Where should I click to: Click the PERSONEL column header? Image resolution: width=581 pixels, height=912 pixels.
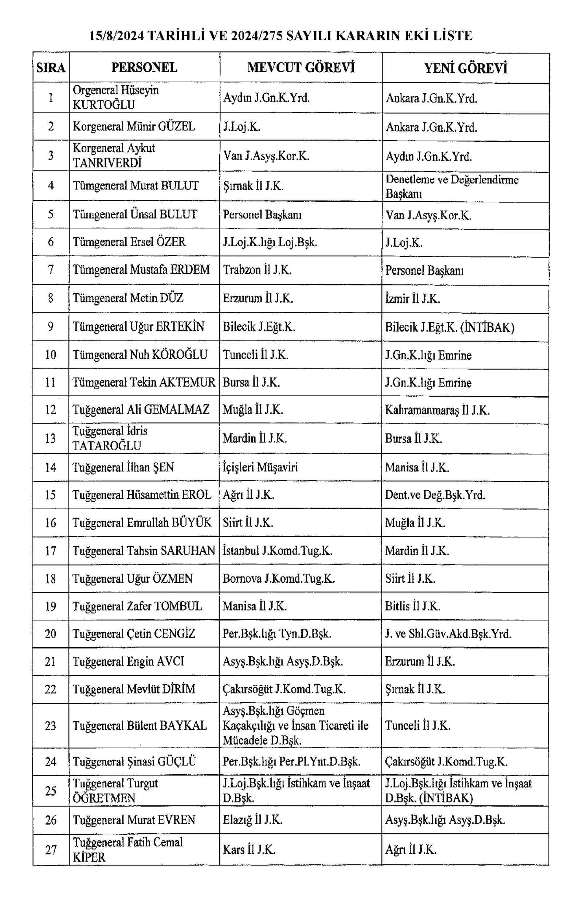pos(144,67)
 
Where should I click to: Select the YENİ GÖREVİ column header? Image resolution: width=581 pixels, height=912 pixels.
pos(465,68)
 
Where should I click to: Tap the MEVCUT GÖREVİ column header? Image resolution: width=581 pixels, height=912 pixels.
pos(301,67)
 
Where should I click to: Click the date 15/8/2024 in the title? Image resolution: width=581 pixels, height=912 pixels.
pos(117,36)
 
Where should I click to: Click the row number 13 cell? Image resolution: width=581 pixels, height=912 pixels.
pos(50,438)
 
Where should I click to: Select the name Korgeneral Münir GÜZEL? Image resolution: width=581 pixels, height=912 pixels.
pos(134,126)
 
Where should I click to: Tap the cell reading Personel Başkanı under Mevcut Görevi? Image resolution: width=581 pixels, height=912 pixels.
pos(262,215)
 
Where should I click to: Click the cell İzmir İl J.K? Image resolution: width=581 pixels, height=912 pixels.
pos(412,299)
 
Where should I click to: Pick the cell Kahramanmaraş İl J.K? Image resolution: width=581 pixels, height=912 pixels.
pos(437,410)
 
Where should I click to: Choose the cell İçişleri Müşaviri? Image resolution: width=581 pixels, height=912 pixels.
pos(260,467)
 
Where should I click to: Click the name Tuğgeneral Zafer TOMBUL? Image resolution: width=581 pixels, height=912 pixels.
pos(137,606)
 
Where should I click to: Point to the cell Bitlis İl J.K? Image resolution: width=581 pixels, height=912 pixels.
pos(412,606)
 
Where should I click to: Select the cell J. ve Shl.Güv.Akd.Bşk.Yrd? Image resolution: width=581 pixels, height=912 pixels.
pos(448,634)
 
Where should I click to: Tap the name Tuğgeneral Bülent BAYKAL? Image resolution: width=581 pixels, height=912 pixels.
pos(140,725)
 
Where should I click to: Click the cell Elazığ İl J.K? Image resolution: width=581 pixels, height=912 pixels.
pos(253,820)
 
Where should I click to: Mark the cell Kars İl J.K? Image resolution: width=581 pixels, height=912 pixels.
pos(249,849)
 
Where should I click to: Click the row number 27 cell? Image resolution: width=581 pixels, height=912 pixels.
pos(50,850)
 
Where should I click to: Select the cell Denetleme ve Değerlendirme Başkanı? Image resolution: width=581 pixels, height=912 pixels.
pos(451,186)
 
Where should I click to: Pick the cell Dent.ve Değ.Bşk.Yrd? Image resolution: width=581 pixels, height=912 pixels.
pos(435,495)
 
